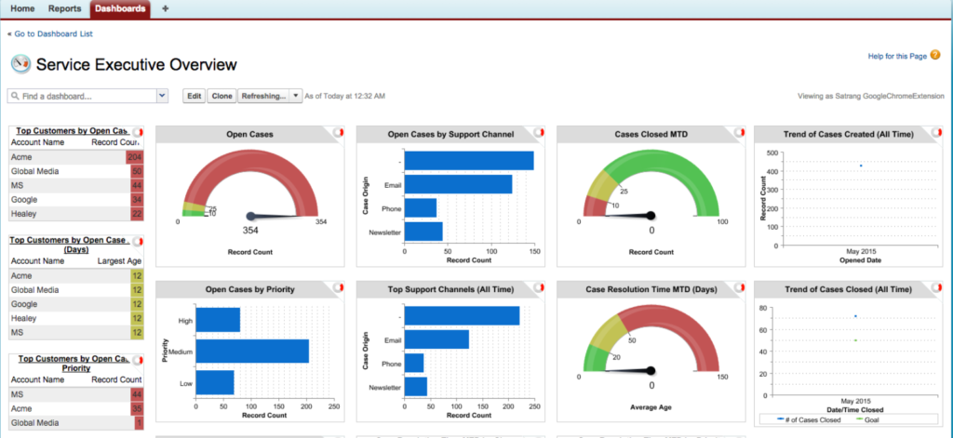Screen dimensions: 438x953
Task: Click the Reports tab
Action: pyautogui.click(x=64, y=8)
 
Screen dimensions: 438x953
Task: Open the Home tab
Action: pyautogui.click(x=21, y=8)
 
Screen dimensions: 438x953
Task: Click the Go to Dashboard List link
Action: pyautogui.click(x=54, y=34)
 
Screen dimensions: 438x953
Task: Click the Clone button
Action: pyautogui.click(x=222, y=96)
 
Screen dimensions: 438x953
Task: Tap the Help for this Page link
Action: pyautogui.click(x=897, y=57)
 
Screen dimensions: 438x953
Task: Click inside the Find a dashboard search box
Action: pyautogui.click(x=82, y=96)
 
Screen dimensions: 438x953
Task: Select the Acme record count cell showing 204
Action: pyautogui.click(x=135, y=158)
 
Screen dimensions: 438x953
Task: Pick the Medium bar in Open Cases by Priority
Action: pyautogui.click(x=252, y=351)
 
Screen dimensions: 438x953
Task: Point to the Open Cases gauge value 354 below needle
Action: pyautogui.click(x=251, y=230)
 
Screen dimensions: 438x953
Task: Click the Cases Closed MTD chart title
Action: pyautogui.click(x=651, y=135)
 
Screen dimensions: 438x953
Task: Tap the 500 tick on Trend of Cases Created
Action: pyautogui.click(x=772, y=153)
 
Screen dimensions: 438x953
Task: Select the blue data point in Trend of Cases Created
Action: pyautogui.click(x=861, y=166)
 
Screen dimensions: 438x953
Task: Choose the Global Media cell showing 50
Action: pyautogui.click(x=136, y=172)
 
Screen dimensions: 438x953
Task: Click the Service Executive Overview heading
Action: pyautogui.click(x=136, y=65)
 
